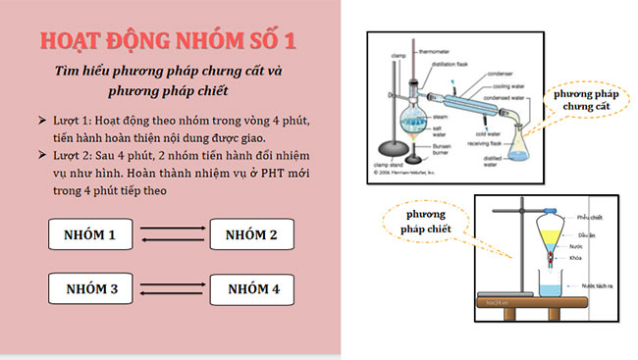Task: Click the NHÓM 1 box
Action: (91, 235)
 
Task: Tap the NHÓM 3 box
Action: (91, 289)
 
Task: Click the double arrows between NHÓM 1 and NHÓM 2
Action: (172, 235)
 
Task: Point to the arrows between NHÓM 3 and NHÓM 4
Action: (172, 289)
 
